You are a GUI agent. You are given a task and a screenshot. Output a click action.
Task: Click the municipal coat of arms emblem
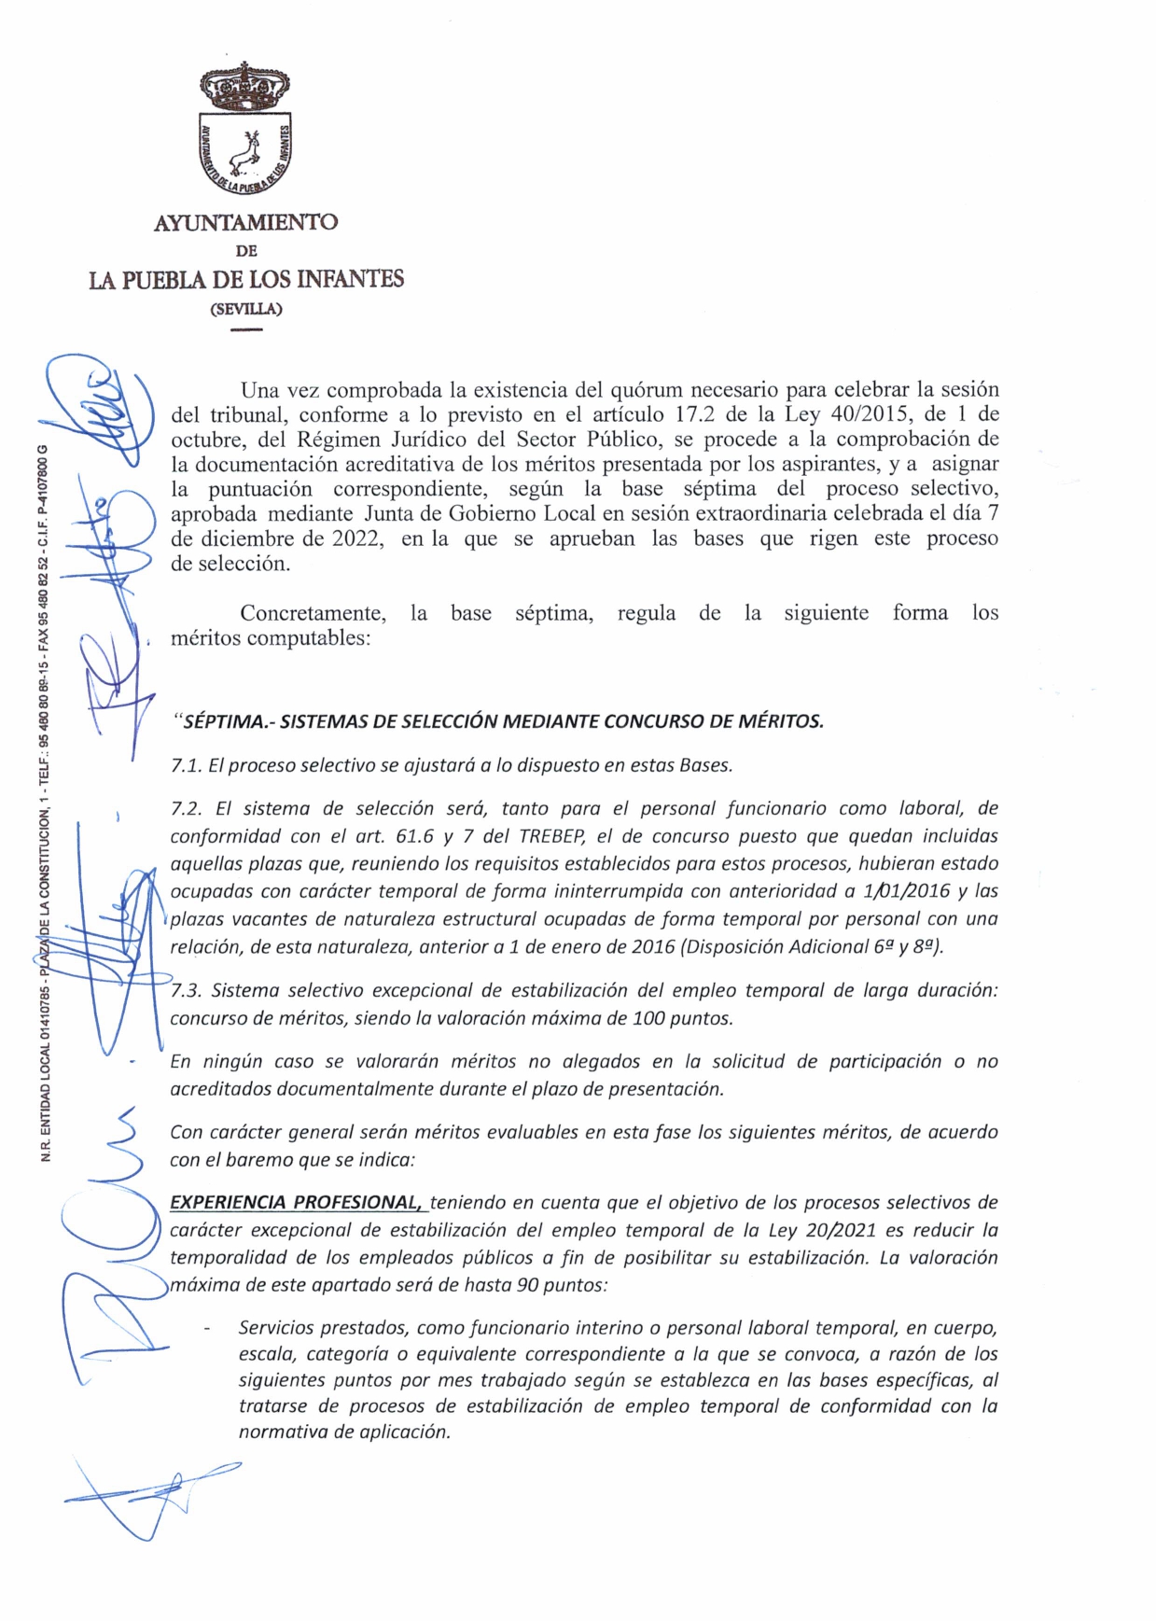pos(246,131)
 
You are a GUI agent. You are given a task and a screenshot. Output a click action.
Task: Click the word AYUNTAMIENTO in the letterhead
pos(246,223)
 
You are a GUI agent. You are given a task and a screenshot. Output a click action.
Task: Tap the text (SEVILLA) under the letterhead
pos(246,309)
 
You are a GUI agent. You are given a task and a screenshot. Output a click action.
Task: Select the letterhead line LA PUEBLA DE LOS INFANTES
pos(246,279)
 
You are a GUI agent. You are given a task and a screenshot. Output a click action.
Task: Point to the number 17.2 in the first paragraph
pos(693,414)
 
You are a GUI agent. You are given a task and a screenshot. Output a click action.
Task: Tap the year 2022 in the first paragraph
pos(358,538)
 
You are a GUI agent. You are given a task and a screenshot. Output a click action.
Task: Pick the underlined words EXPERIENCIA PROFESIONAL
pos(297,1202)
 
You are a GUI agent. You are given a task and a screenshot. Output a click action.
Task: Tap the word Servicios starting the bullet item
pos(278,1327)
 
